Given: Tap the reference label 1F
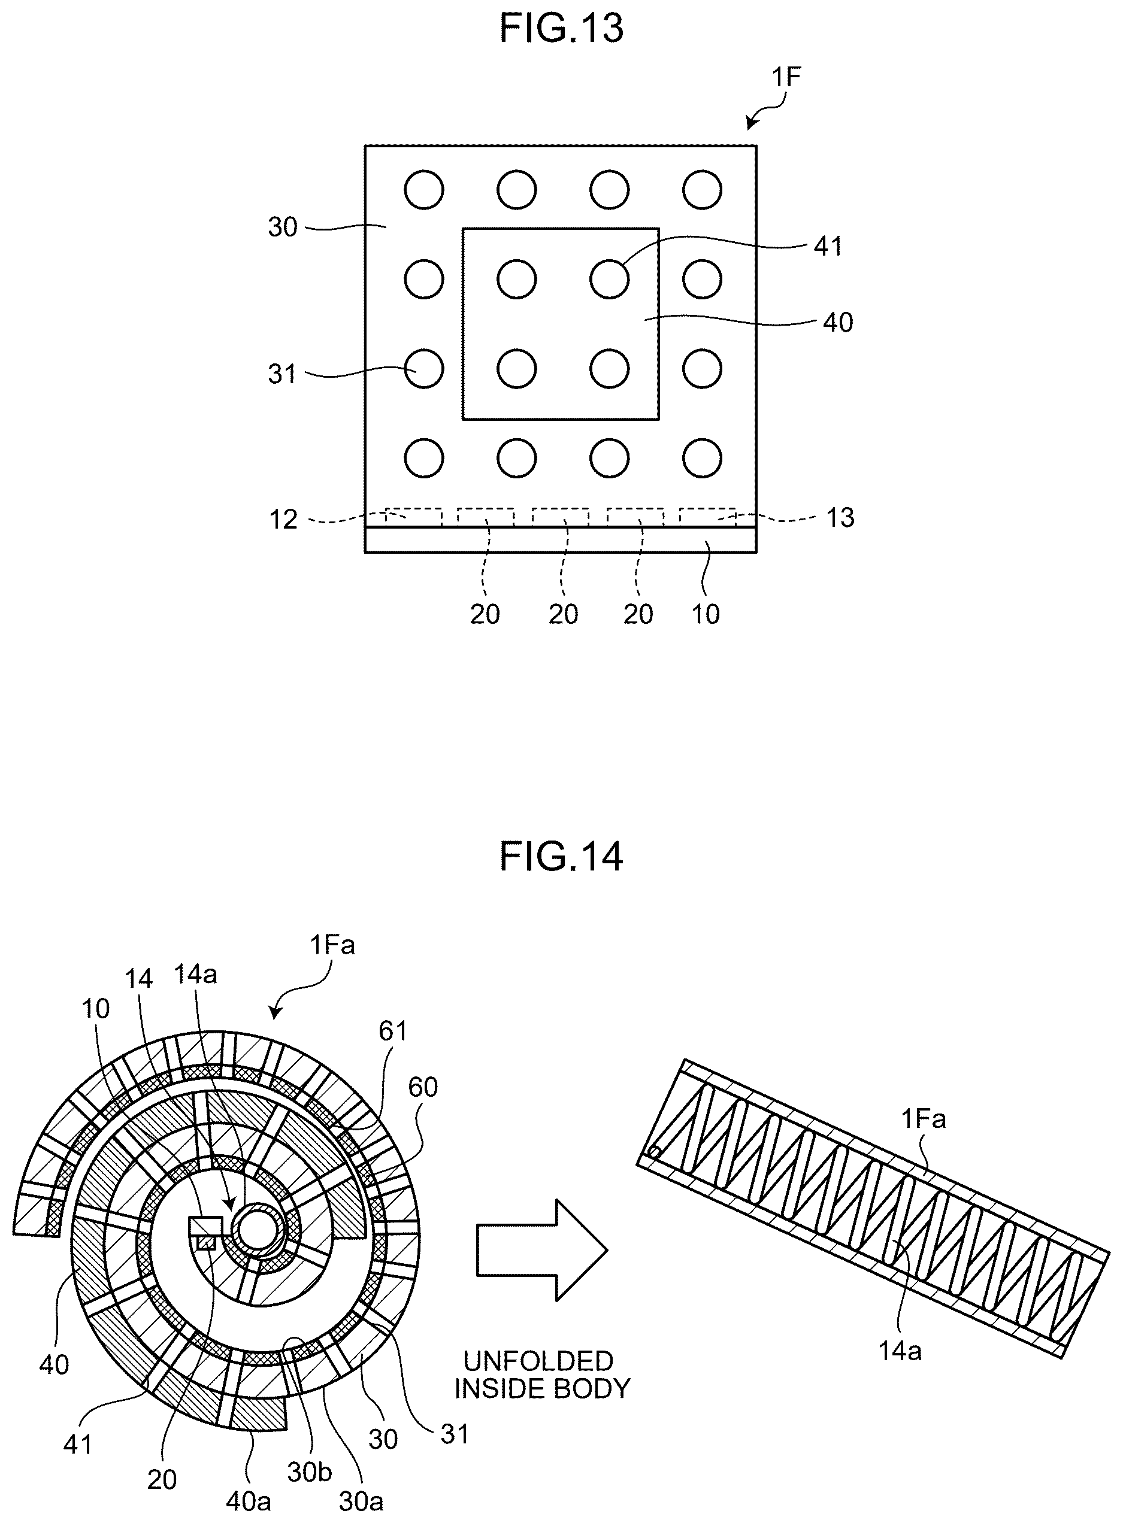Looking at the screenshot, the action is (x=786, y=77).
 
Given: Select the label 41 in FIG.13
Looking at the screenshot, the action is (x=828, y=246).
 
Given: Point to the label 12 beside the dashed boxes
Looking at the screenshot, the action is (x=283, y=520).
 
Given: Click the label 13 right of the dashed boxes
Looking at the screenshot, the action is (x=840, y=518).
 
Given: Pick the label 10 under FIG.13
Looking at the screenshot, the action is (x=706, y=614).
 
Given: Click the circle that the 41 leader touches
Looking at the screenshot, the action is (x=610, y=279).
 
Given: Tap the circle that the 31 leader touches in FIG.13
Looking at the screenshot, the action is (x=424, y=369).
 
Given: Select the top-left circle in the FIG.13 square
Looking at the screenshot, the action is (x=424, y=190).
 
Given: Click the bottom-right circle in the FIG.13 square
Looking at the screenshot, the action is (x=702, y=459).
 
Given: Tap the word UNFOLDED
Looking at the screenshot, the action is (x=538, y=1361).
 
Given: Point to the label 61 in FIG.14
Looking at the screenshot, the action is (x=393, y=1031).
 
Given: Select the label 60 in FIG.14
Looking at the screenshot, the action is (x=423, y=1088).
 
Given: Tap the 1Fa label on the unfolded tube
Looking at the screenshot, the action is (x=923, y=1119).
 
